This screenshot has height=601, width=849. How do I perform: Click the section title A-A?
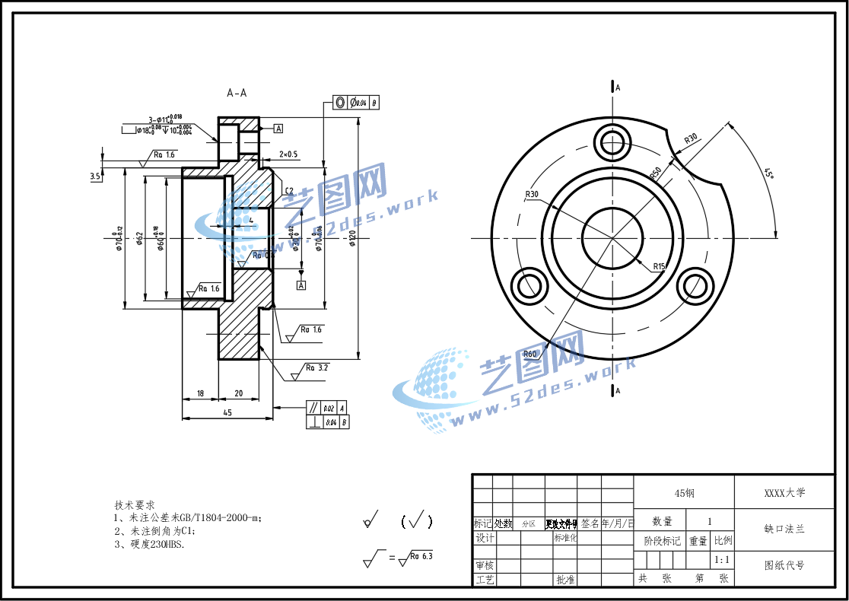(x=237, y=93)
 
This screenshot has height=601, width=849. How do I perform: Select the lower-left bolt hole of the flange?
(x=529, y=287)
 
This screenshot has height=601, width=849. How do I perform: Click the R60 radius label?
(x=529, y=354)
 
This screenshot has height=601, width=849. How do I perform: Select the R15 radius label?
(x=659, y=266)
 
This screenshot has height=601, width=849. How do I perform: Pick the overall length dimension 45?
(x=227, y=412)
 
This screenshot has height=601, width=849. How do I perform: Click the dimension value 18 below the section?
(x=200, y=393)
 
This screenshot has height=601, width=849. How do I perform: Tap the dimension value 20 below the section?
(x=238, y=393)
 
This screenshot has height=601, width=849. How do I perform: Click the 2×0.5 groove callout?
(x=288, y=154)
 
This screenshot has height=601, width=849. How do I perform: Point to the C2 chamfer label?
(x=289, y=190)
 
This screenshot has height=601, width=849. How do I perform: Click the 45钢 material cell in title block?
(x=684, y=492)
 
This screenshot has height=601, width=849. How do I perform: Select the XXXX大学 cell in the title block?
(x=784, y=492)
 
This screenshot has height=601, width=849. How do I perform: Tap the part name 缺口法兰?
(x=784, y=528)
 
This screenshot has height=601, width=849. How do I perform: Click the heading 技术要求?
(x=135, y=504)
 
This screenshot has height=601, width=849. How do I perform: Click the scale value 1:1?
(x=723, y=559)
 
